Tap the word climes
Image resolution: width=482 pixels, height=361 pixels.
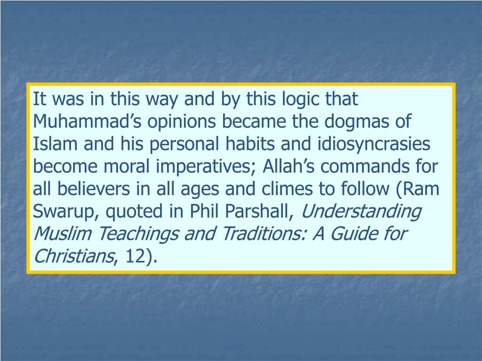coord(278,189)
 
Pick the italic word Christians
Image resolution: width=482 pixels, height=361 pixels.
coord(74,257)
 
